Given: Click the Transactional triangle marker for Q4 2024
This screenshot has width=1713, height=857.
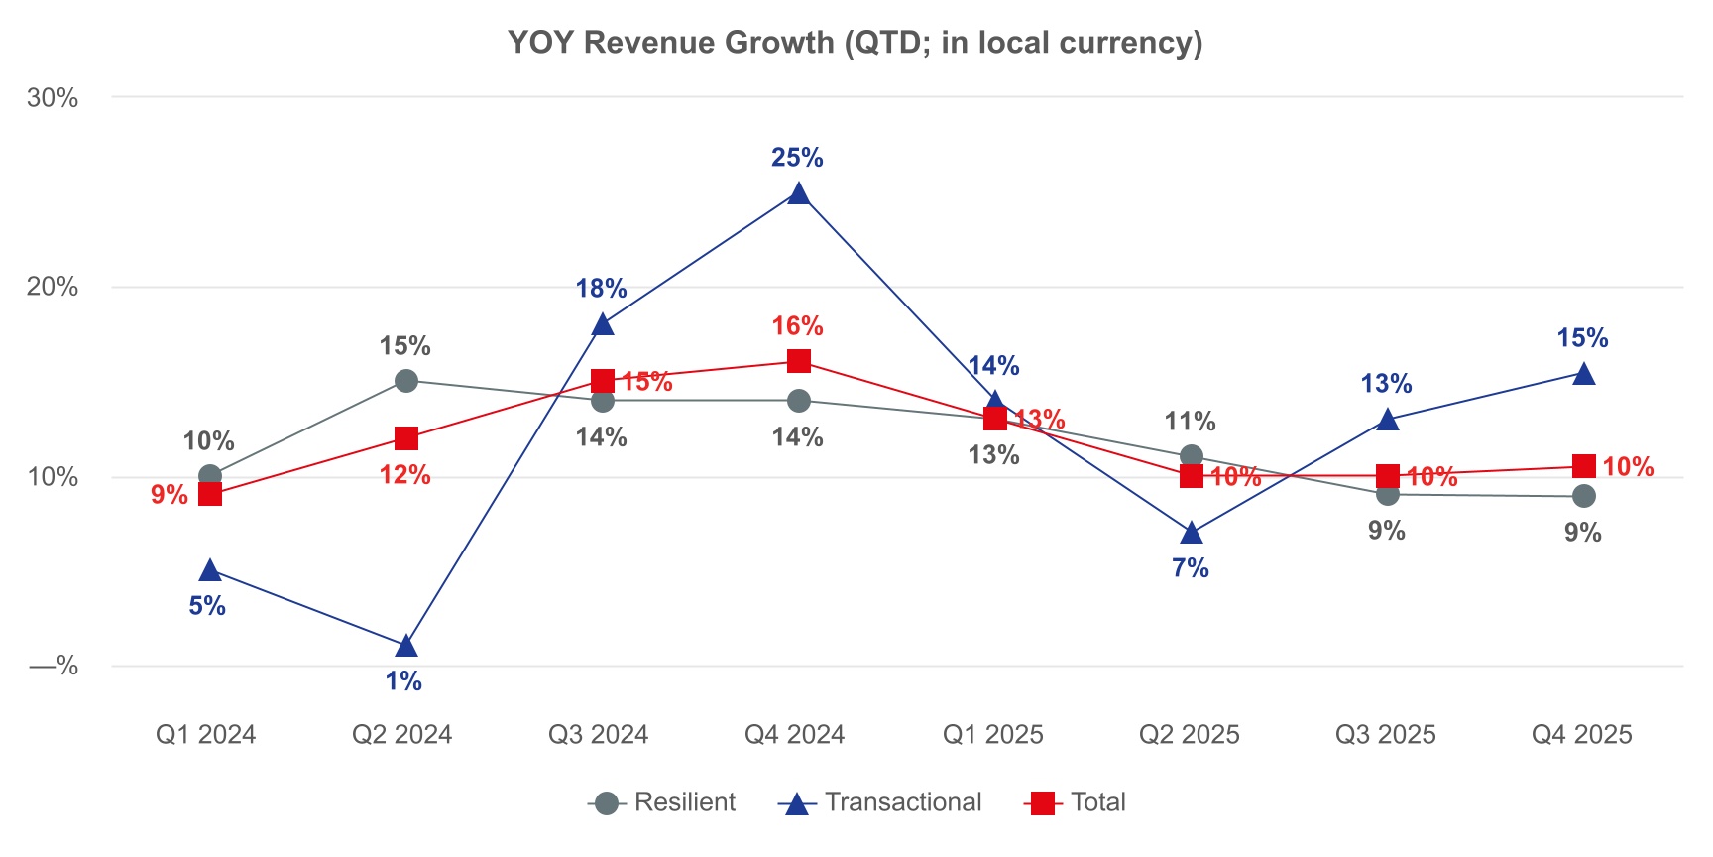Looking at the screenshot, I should pyautogui.click(x=798, y=194).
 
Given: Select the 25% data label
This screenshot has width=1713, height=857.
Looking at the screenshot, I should pyautogui.click(x=797, y=158).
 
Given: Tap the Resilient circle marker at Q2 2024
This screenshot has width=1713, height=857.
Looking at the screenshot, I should pyautogui.click(x=406, y=381).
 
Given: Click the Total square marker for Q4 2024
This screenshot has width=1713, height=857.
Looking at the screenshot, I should pyautogui.click(x=798, y=361).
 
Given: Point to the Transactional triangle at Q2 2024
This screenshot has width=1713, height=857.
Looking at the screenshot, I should pyautogui.click(x=406, y=647).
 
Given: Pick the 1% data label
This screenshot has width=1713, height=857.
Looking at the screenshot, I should pyautogui.click(x=403, y=681).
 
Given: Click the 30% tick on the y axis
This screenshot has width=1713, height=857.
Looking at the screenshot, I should pyautogui.click(x=53, y=97).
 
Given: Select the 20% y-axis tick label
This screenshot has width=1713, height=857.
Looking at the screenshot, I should pyautogui.click(x=53, y=287).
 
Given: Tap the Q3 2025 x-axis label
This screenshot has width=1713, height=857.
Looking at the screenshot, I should pyautogui.click(x=1385, y=735).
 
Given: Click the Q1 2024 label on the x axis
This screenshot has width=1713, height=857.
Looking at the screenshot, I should pyautogui.click(x=206, y=735).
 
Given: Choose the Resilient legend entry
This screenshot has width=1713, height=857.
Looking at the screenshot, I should pyautogui.click(x=662, y=802).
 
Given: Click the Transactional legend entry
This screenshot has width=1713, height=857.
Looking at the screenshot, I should pyautogui.click(x=880, y=802).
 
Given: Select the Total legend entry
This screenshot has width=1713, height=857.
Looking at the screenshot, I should pyautogui.click(x=1075, y=802).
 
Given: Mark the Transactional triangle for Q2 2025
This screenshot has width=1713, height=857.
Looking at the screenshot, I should pyautogui.click(x=1192, y=534).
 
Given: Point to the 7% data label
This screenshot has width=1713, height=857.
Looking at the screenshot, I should pyautogui.click(x=1190, y=568).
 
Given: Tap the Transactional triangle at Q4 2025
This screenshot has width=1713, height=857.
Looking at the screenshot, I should pyautogui.click(x=1584, y=374).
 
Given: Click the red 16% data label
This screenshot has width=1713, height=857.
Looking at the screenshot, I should pyautogui.click(x=797, y=326).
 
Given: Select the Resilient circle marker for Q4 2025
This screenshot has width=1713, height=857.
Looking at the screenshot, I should pyautogui.click(x=1584, y=496).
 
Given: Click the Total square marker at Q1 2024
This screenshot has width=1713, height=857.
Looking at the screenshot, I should pyautogui.click(x=210, y=494).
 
